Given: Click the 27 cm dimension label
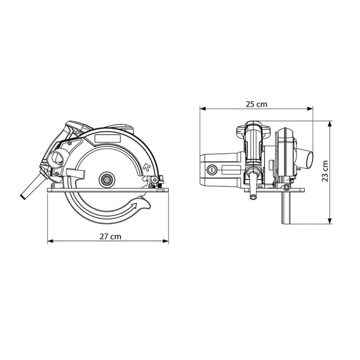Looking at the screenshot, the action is [x=110, y=237].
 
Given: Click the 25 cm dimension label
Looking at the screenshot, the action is [x=256, y=104].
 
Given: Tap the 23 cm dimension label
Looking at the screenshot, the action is [x=325, y=171].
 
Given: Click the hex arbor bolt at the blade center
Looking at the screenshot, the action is [x=107, y=180].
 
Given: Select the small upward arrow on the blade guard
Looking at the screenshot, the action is [x=146, y=166].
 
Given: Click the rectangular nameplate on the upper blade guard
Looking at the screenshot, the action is [x=108, y=139].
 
